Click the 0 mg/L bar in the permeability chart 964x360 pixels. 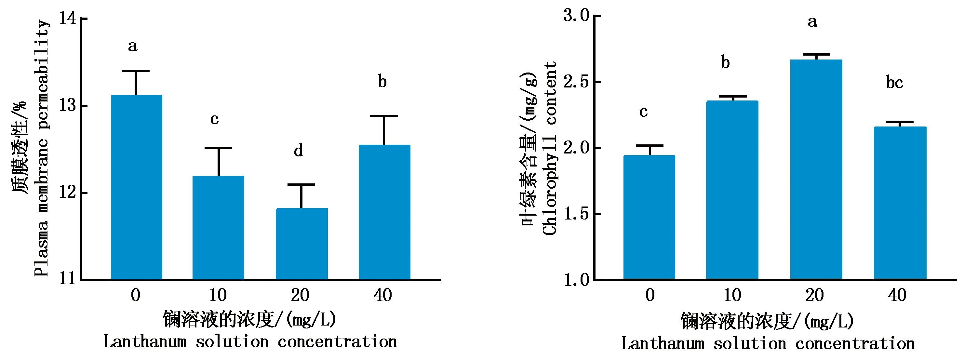click(x=136, y=187)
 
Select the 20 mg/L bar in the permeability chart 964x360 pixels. click(x=301, y=244)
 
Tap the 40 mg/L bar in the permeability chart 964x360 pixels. click(x=384, y=212)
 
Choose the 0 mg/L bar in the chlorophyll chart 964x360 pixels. click(x=649, y=217)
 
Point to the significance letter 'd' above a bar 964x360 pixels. click(x=298, y=151)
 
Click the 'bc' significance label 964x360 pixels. click(x=894, y=83)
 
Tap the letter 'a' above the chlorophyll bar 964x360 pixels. click(x=812, y=22)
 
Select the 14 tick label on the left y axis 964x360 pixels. click(x=67, y=18)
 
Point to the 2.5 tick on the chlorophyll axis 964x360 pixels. click(x=576, y=82)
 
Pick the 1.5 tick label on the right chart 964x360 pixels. click(x=576, y=214)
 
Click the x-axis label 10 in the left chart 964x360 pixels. click(x=218, y=295)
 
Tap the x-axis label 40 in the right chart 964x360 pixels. click(x=897, y=295)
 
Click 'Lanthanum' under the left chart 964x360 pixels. click(x=145, y=342)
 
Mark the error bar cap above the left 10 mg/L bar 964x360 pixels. click(x=219, y=148)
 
